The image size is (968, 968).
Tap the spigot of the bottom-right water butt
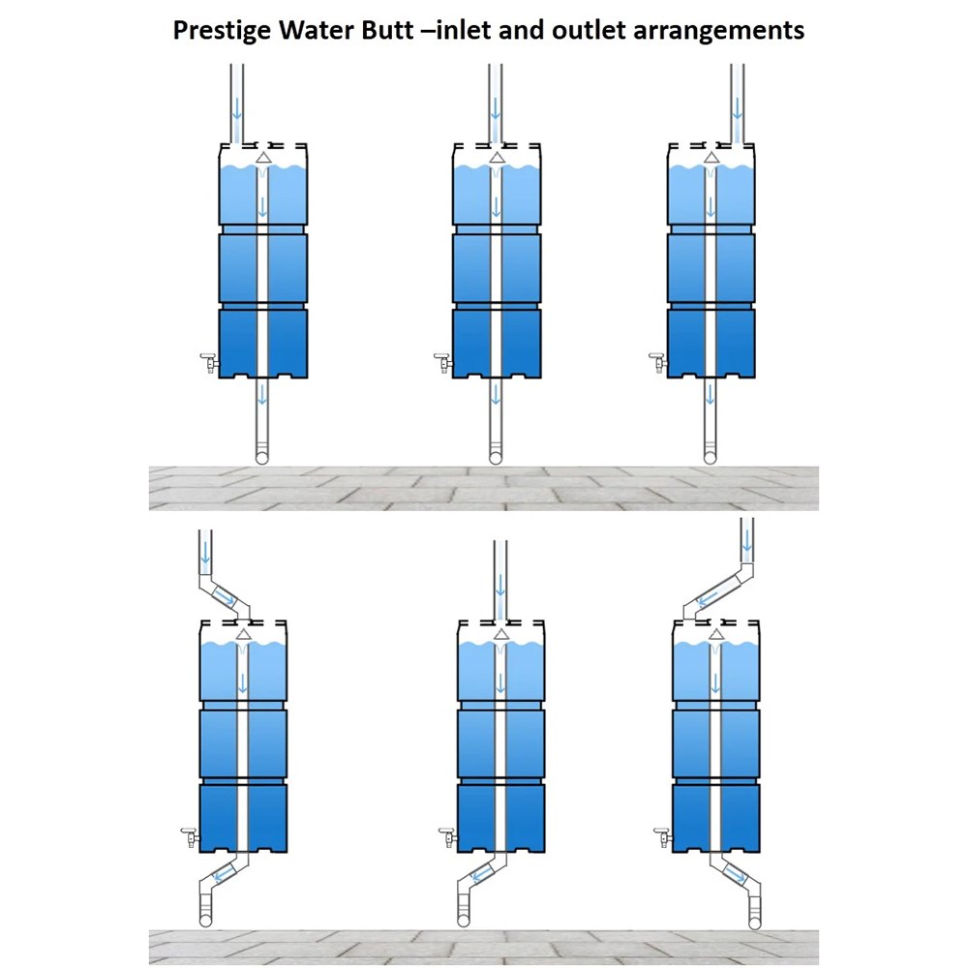point(663,836)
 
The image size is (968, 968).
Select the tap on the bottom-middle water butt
point(447,836)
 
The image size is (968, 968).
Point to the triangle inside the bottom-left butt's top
point(242,633)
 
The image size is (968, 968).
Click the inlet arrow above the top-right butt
point(738,105)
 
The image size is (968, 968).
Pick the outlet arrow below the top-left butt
point(261,396)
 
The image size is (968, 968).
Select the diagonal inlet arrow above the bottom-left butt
point(225,598)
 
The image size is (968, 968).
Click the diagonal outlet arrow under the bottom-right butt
point(737,877)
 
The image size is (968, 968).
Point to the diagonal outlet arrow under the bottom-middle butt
point(479,875)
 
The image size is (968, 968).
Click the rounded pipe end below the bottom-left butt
point(206,919)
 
